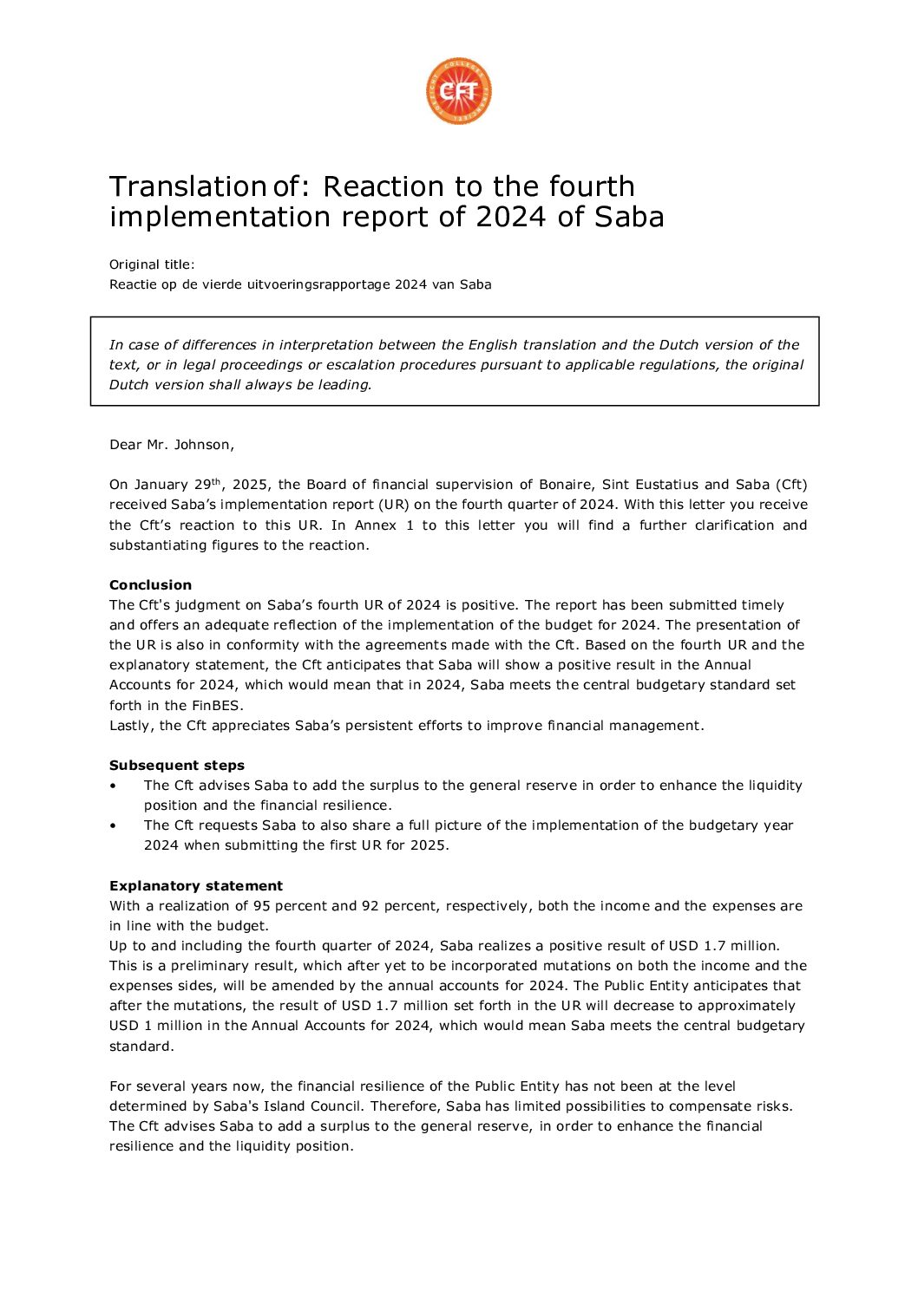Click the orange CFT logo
pyautogui.click(x=458, y=91)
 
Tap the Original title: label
pyautogui.click(x=152, y=264)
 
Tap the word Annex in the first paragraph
pyautogui.click(x=375, y=525)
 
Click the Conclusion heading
pyautogui.click(x=150, y=585)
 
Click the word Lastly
pyautogui.click(x=131, y=726)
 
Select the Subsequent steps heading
pyautogui.click(x=177, y=766)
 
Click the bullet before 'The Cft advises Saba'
pyautogui.click(x=113, y=786)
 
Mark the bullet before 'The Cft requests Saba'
pyautogui.click(x=113, y=825)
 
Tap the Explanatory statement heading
pyautogui.click(x=196, y=886)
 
